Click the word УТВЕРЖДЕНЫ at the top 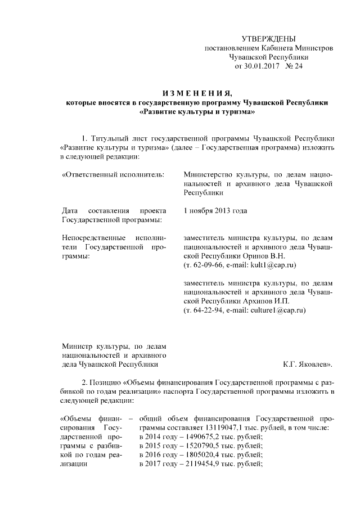(x=268, y=39)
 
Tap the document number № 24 (x=294, y=66)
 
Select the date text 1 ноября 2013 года (x=215, y=211)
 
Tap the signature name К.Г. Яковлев (x=308, y=364)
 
